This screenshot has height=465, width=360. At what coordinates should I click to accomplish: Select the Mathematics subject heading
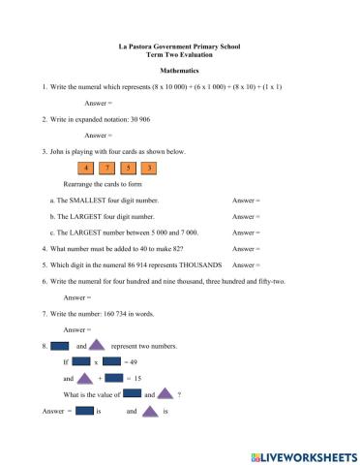click(x=179, y=71)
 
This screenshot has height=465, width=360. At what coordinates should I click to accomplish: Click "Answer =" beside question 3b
click(x=247, y=216)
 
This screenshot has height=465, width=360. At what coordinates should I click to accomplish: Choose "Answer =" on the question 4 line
click(x=247, y=248)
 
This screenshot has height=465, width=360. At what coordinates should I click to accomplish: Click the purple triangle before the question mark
click(x=165, y=394)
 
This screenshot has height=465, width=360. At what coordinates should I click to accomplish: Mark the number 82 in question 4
click(x=156, y=248)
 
